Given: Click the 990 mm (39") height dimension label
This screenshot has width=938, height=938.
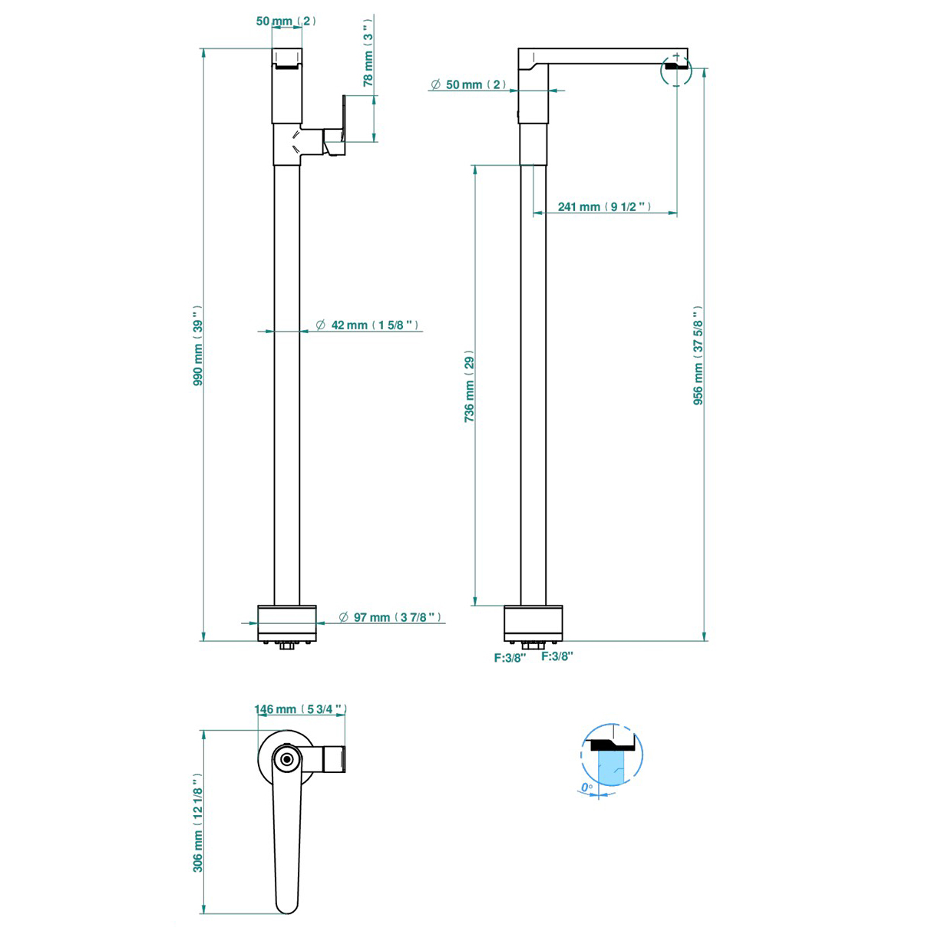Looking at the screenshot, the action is point(198,345).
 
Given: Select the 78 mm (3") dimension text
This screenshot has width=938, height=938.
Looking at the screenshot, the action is point(368,53).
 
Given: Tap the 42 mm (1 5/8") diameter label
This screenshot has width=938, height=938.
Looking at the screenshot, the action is point(367,325).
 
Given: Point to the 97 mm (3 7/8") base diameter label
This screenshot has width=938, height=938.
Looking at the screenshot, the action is point(391,617).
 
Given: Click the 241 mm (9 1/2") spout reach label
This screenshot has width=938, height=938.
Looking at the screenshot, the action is point(605,207).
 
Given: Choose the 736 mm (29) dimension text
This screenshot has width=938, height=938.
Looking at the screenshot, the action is point(469,386).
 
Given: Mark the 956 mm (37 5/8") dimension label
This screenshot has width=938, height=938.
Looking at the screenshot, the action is point(698,355).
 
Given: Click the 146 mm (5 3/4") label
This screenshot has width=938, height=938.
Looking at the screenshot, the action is point(300,709).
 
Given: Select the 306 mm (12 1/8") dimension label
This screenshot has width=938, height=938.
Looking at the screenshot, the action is point(198,823).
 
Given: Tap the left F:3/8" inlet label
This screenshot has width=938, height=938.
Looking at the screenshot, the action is point(510,658).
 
